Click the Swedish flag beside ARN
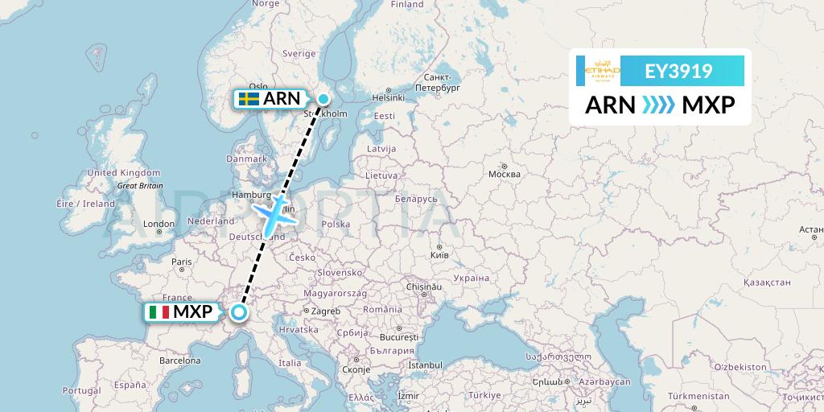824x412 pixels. pos(248,99)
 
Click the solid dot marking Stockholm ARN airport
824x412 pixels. pos(323,99)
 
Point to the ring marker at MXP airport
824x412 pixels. pos(239,311)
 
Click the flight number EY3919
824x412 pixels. pos(678,71)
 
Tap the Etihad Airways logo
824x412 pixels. pos(601,71)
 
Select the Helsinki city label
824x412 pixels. pos(388,98)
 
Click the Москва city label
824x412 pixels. pos(505,174)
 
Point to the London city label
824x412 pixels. pos(159,225)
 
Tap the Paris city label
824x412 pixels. pos(182,261)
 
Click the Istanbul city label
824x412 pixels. pos(425,365)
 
